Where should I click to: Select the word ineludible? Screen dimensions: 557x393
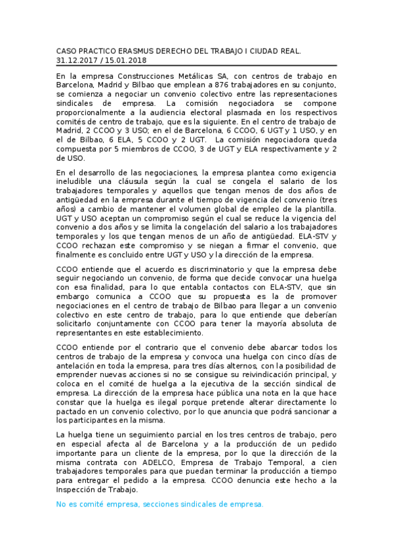point(80,181)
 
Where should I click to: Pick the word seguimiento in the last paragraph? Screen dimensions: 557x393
point(156,435)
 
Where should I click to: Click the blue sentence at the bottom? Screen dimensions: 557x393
point(159,504)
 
